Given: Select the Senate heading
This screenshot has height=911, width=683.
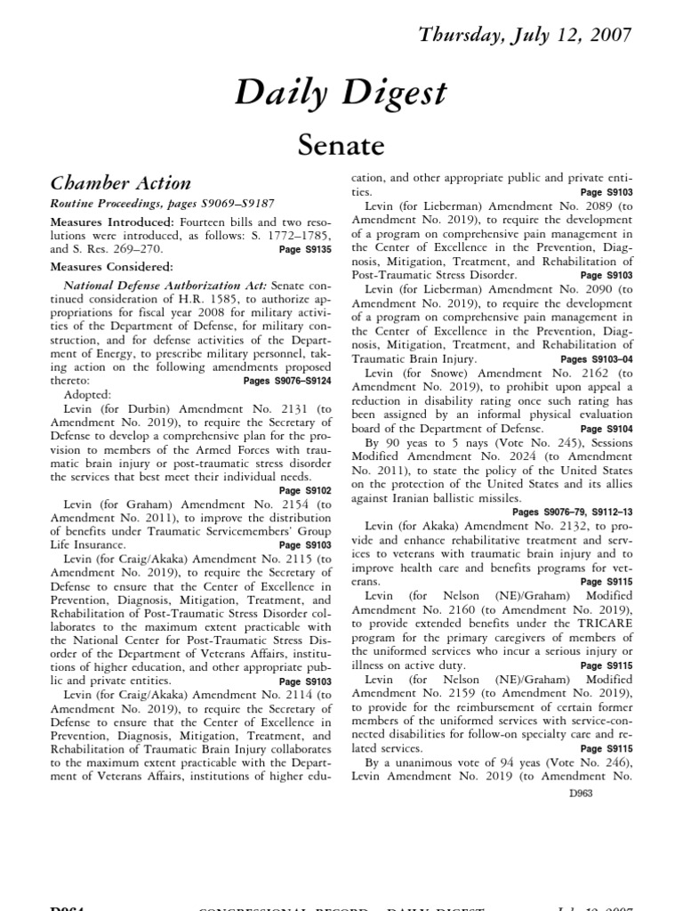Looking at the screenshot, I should coord(341,143).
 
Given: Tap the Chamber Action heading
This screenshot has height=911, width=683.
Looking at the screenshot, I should coord(119,184).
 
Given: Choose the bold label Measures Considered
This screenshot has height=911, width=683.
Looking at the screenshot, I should coord(112,265).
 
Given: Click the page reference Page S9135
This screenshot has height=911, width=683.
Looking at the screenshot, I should coord(304,251).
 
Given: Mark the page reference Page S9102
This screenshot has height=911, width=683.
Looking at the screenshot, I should coord(304,490).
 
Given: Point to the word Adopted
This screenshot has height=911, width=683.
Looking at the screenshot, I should coord(88,393).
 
